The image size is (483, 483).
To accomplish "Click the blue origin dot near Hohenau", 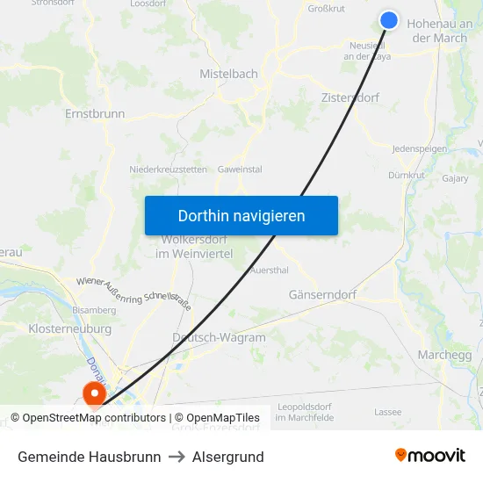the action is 389,20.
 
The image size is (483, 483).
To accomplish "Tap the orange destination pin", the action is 93,393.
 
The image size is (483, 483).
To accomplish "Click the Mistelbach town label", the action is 228,74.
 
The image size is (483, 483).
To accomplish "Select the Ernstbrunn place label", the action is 95,113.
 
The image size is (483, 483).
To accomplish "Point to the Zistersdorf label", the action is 350,97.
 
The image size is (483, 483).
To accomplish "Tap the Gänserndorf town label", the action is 322,295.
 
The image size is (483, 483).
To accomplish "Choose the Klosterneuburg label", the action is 69,328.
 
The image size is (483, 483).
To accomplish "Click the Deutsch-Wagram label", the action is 219,337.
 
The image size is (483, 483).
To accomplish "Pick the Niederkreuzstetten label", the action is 168,169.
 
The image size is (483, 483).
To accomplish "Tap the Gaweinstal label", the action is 240,169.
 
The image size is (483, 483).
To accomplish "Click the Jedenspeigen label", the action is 419,149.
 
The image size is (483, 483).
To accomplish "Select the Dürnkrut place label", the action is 406,176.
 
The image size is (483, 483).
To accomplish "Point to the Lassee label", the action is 387,411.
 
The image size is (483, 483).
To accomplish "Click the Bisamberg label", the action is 94,310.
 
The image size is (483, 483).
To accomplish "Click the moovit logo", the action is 429,456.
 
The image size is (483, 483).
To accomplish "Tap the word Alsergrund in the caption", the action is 229,457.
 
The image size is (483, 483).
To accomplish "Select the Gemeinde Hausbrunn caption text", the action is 89,457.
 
